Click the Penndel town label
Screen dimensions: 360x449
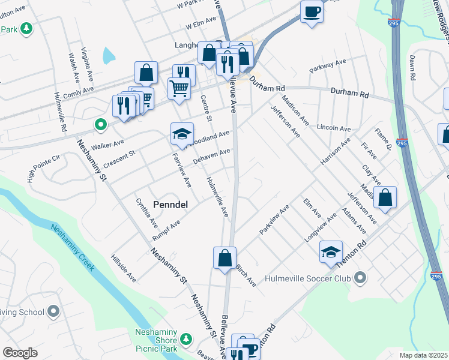[x=170, y=205]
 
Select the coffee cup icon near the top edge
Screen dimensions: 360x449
[x=312, y=11]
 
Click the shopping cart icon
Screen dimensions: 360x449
[x=179, y=89]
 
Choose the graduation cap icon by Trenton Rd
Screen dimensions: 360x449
[x=330, y=252]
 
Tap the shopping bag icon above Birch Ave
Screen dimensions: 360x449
[x=224, y=258]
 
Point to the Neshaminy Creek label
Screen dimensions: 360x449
[x=73, y=246]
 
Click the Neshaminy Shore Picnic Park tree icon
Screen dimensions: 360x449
[x=187, y=340]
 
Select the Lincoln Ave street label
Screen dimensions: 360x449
[x=333, y=128]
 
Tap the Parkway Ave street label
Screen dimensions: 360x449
[x=328, y=65]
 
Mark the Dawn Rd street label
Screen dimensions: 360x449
[x=412, y=68]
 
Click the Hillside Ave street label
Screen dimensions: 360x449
[x=124, y=268]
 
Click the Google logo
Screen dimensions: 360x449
[x=20, y=353]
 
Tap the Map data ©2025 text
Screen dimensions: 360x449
[x=423, y=355]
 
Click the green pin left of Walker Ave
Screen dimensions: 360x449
[x=100, y=125]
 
